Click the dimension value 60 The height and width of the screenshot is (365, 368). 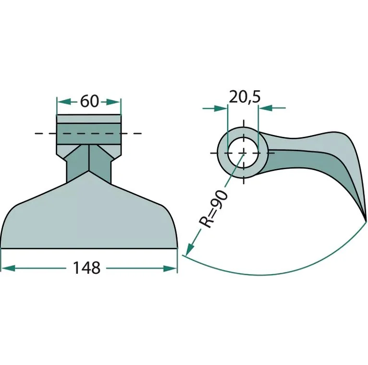click(89, 101)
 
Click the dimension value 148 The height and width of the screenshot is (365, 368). click(86, 268)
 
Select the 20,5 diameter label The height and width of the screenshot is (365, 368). click(245, 97)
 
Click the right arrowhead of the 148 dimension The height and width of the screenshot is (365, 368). click(170, 268)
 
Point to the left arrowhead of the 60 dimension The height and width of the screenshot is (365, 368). click(64, 102)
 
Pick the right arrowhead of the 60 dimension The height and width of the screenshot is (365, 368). click(113, 102)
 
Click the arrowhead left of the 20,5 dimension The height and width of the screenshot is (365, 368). click(221, 109)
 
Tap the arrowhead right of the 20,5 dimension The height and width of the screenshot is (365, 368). click(265, 108)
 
